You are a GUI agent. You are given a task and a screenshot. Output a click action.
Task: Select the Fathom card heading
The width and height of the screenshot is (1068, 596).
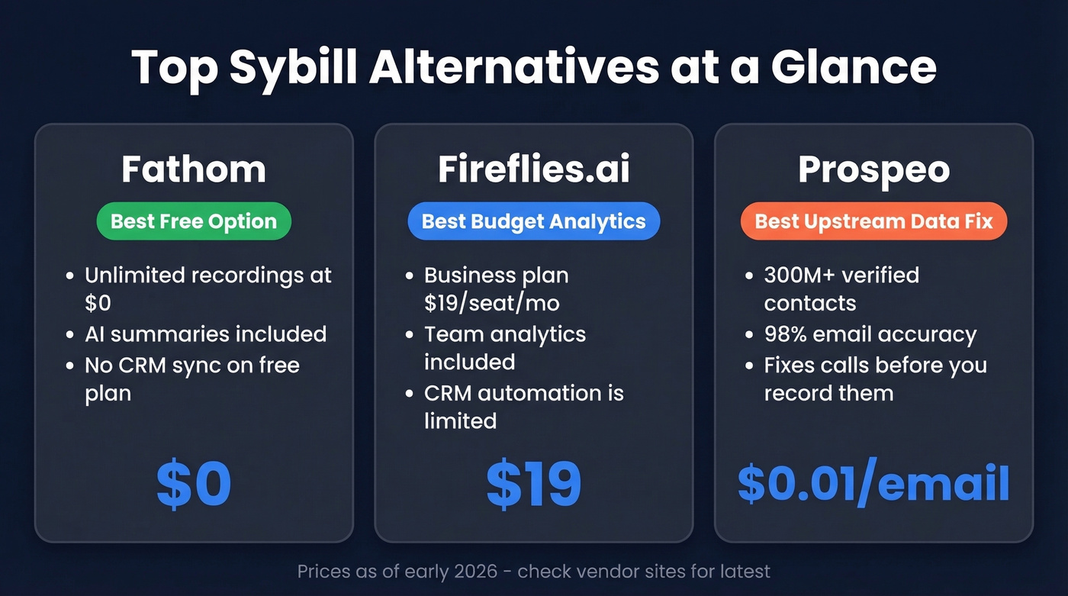pos(194,169)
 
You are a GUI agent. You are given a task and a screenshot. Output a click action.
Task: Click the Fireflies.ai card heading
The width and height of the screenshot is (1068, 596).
pos(534,169)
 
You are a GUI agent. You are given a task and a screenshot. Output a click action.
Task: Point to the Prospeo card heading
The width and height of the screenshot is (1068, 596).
pos(873,169)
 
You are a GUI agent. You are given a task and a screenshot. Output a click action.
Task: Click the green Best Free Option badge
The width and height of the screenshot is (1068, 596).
pos(194,221)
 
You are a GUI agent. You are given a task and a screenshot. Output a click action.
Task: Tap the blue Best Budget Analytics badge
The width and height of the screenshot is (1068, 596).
pos(534,221)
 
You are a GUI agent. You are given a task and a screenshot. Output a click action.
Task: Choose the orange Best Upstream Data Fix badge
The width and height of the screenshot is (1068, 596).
pos(873,221)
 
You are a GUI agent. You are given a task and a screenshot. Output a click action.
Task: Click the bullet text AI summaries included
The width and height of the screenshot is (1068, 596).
pos(205,334)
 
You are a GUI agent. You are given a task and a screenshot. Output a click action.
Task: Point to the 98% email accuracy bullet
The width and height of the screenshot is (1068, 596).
pos(870,334)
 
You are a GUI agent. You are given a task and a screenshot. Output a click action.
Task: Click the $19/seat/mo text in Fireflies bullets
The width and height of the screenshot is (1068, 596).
pos(492,303)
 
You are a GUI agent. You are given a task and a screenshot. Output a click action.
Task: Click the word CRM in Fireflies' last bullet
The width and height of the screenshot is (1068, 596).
pos(449,393)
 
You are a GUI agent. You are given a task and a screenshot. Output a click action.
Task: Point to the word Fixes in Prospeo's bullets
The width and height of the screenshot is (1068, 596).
pos(790,365)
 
